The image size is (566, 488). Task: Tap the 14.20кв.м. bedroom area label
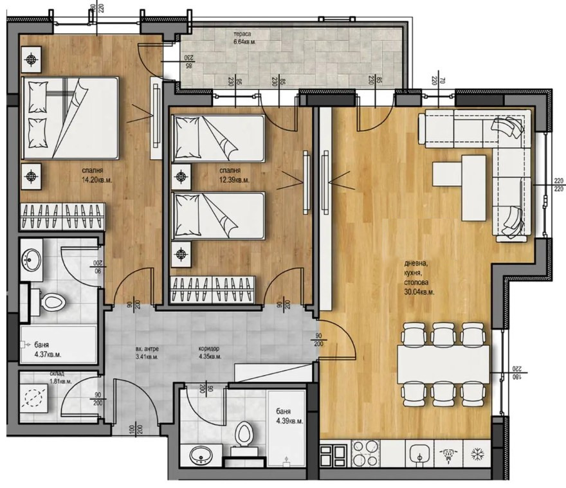click(94, 181)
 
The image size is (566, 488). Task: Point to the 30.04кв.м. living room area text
click(419, 292)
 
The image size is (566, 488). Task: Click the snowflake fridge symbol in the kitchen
click(478, 454)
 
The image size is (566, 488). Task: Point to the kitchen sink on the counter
click(419, 454)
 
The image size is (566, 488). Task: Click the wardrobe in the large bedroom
click(62, 215)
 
